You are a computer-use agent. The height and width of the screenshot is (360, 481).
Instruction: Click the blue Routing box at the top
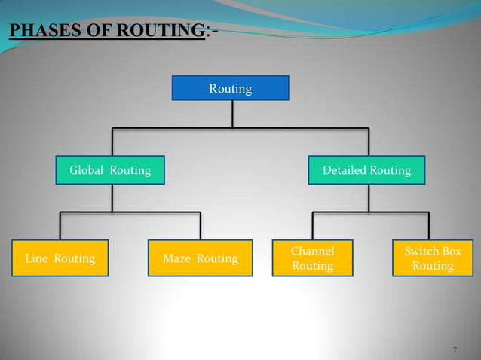coord(230,89)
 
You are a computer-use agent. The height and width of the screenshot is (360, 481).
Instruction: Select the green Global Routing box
coord(110,170)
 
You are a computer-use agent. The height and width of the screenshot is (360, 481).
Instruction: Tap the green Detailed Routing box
coord(366,170)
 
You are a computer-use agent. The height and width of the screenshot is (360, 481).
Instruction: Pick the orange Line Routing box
coord(60,259)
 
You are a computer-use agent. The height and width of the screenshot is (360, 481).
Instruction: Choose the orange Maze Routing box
coord(200,259)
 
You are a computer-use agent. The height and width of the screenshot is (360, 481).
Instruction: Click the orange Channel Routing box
coord(312,258)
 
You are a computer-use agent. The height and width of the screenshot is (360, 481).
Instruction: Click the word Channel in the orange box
coord(312,250)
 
